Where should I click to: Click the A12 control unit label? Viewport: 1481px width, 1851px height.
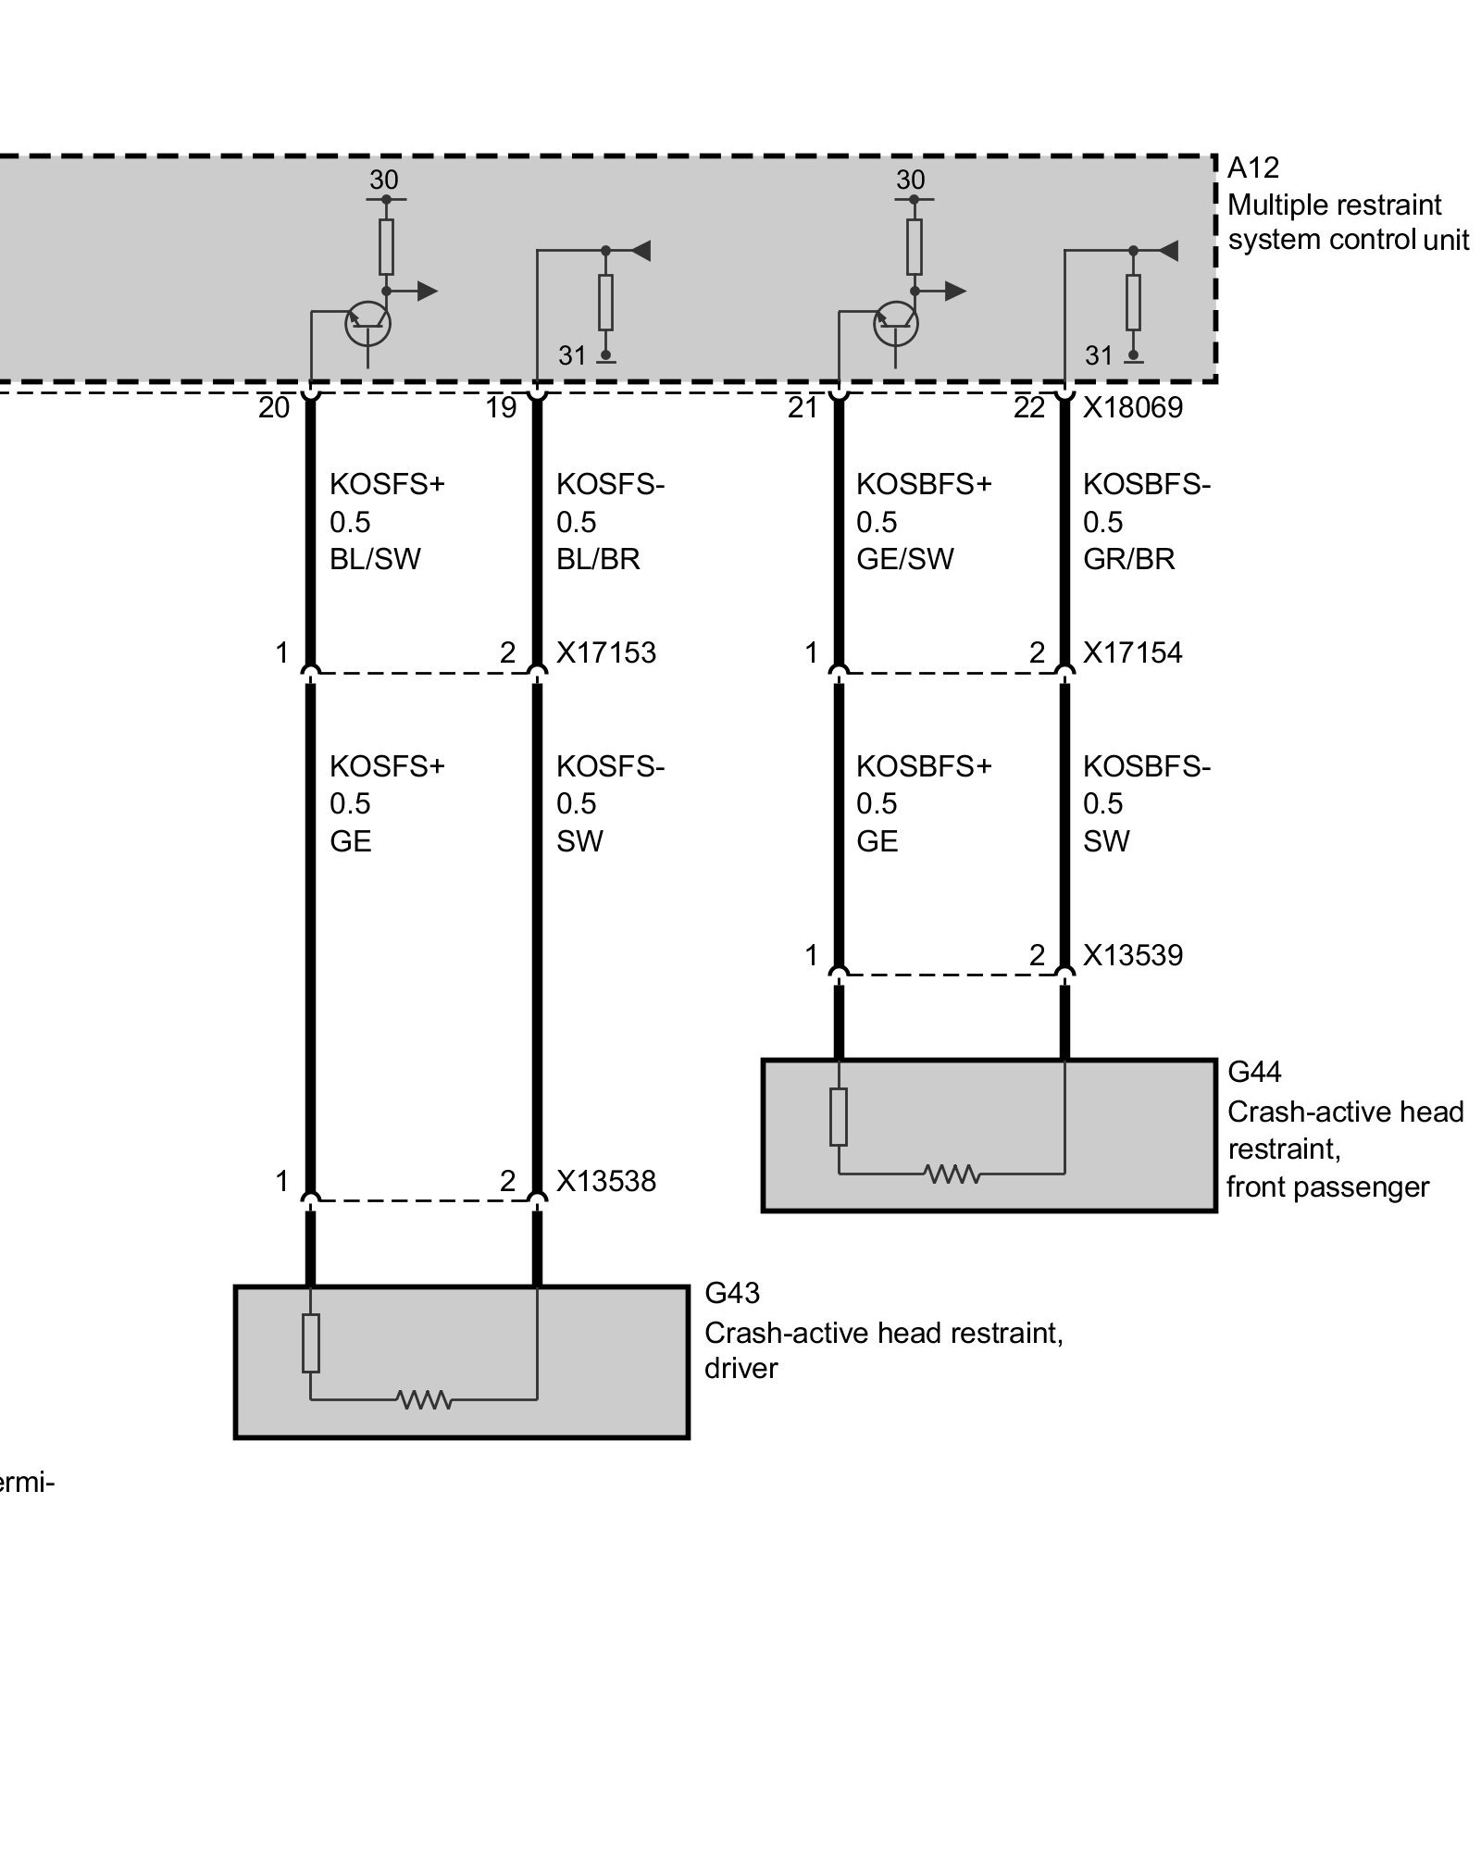point(1253,168)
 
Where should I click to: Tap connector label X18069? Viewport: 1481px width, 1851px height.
point(1133,408)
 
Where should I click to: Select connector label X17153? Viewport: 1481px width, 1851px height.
point(606,653)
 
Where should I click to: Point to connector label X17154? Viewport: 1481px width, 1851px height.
point(1133,653)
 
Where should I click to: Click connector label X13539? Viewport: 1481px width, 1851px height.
point(1133,955)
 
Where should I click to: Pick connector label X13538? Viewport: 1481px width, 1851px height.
point(606,1181)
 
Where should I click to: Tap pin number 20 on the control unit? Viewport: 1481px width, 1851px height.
point(274,408)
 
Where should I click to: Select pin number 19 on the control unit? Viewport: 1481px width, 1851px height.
point(501,408)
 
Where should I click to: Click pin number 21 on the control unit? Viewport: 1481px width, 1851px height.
point(803,408)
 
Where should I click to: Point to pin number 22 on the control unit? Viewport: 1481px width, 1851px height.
point(1029,408)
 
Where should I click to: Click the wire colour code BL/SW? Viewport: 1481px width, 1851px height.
point(375,559)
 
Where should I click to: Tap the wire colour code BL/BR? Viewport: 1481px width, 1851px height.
point(598,559)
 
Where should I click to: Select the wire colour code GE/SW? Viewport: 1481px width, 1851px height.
point(904,559)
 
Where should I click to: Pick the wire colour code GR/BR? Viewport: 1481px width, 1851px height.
point(1129,559)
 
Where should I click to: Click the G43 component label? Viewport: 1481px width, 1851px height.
point(732,1292)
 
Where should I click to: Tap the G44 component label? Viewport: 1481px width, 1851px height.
point(1254,1072)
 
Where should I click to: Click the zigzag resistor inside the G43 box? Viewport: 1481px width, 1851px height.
point(424,1398)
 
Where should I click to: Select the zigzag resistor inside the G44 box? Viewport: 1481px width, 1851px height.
point(952,1174)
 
